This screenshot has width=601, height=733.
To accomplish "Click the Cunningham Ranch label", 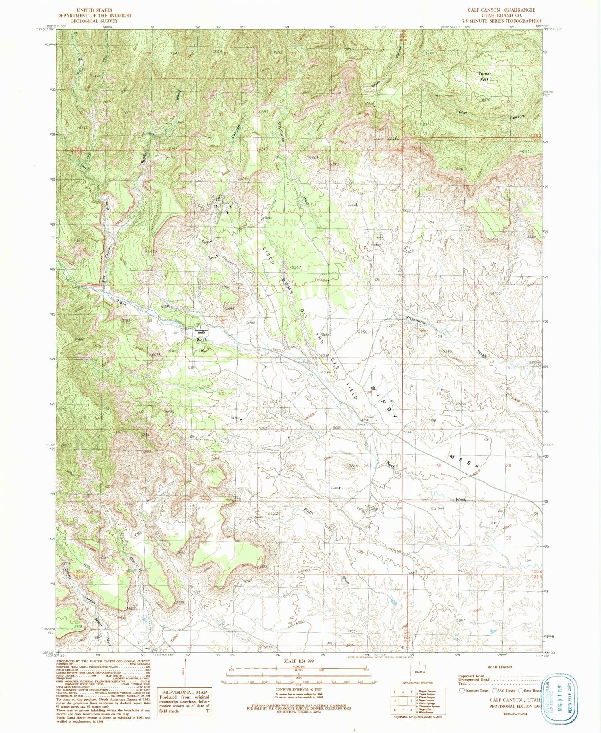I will tap(200, 332).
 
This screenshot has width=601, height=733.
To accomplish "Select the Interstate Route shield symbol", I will tap(462, 691).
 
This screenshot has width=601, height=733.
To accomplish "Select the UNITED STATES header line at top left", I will tap(93, 10).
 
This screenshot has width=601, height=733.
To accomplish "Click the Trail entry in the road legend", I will tap(465, 683).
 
